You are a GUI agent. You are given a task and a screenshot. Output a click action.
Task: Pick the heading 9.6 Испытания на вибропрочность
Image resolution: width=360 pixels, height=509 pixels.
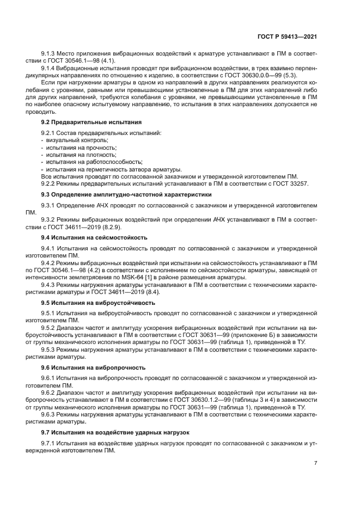(x=90, y=367)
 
